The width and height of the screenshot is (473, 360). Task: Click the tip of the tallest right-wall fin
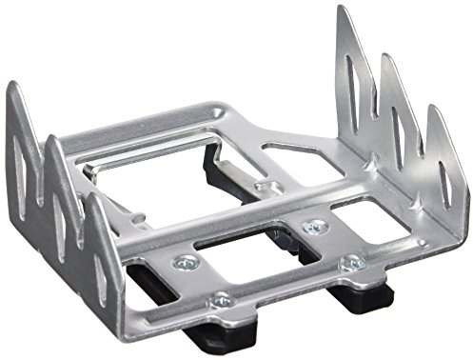tap(341, 9)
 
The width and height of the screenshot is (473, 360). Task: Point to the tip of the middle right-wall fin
tap(386, 57)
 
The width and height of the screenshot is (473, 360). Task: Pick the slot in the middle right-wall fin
tap(393, 113)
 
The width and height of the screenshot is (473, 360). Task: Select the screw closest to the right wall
tap(351, 261)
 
